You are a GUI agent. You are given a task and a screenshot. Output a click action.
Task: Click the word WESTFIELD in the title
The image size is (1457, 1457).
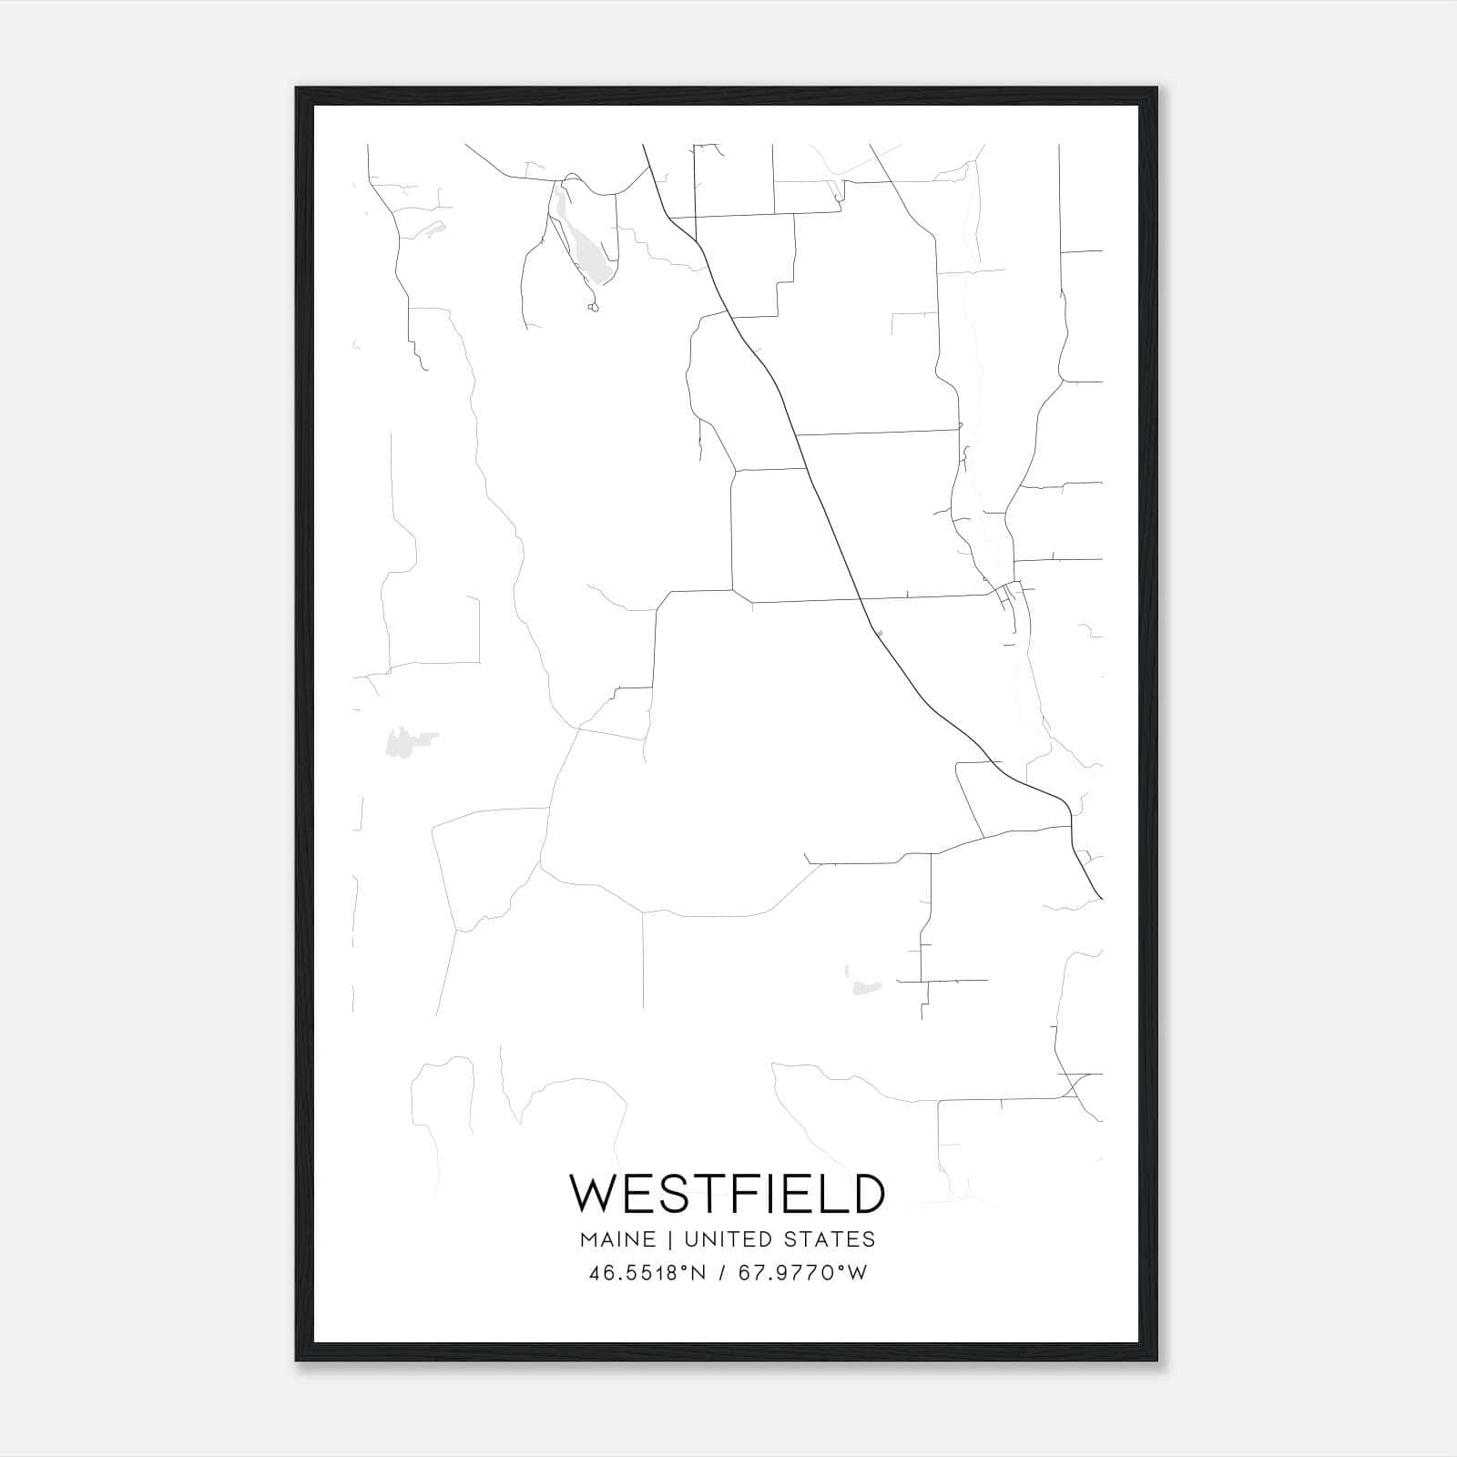click(727, 1193)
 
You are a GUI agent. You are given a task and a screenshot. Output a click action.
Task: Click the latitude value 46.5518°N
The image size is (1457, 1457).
click(647, 1273)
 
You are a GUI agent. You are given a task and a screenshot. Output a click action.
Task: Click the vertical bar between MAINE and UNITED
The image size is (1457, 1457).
click(669, 1239)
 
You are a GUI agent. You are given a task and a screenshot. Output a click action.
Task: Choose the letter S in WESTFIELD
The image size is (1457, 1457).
click(672, 1193)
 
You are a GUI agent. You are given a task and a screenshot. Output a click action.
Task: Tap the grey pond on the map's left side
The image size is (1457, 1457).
click(401, 742)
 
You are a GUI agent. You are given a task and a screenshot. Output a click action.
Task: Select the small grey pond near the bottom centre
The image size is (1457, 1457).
click(861, 986)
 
